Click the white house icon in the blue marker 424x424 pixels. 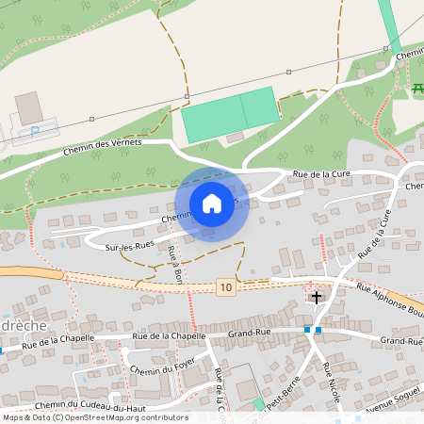[212, 204]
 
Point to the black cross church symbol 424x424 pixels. [316, 298]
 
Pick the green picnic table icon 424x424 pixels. [417, 89]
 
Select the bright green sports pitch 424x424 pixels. [230, 112]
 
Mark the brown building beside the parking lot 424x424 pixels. [29, 107]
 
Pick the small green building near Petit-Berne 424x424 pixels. [259, 404]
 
